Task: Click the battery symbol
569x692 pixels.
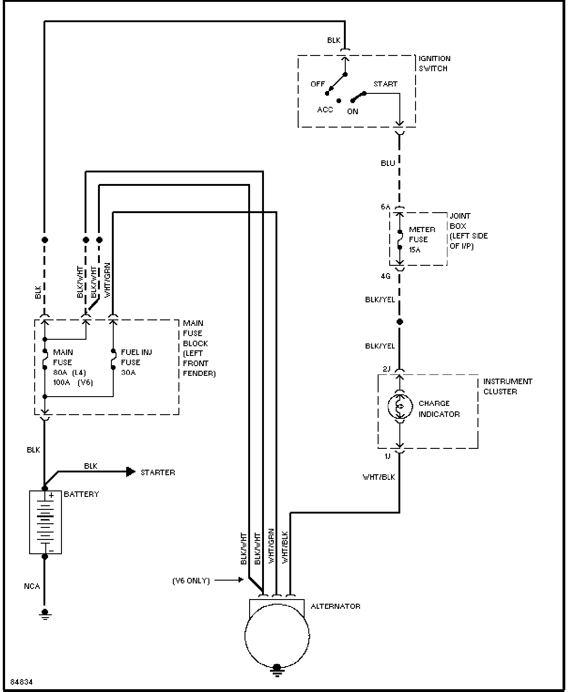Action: click(45, 522)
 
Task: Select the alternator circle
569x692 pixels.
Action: click(245, 636)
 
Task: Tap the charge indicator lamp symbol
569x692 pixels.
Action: click(400, 406)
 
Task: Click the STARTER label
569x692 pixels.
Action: click(158, 472)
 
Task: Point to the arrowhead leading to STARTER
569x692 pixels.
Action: click(131, 472)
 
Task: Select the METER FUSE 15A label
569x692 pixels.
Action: click(422, 239)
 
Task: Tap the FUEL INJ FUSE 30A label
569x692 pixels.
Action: click(136, 362)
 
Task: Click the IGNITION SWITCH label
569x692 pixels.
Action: click(434, 64)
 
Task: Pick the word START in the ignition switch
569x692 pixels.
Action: click(385, 84)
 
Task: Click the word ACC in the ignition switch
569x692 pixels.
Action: click(325, 110)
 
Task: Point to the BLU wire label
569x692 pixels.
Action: click(388, 163)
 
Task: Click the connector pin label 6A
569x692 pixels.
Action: click(385, 207)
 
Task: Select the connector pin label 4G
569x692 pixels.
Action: click(386, 276)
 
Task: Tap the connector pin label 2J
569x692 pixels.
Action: click(386, 369)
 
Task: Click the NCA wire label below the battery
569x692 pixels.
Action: click(32, 586)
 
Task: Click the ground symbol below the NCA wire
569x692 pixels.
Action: click(45, 614)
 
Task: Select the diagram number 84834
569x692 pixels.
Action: click(22, 682)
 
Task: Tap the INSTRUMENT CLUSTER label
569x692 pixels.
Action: click(508, 386)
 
